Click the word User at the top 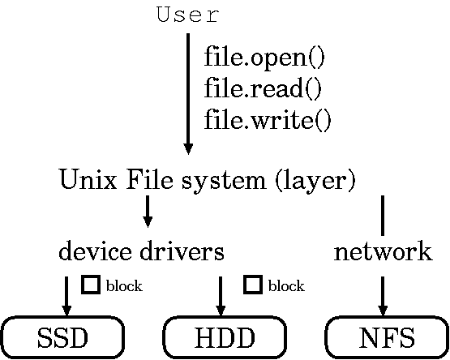188,15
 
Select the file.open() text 264,58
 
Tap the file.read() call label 263,88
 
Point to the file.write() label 268,120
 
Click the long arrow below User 188,94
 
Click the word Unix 88,180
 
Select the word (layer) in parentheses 315,181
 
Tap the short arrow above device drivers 148,212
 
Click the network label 383,253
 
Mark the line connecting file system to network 383,216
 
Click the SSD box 63,337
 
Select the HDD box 225,337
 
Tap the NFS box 387,337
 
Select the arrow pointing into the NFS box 383,296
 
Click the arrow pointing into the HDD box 221,296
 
